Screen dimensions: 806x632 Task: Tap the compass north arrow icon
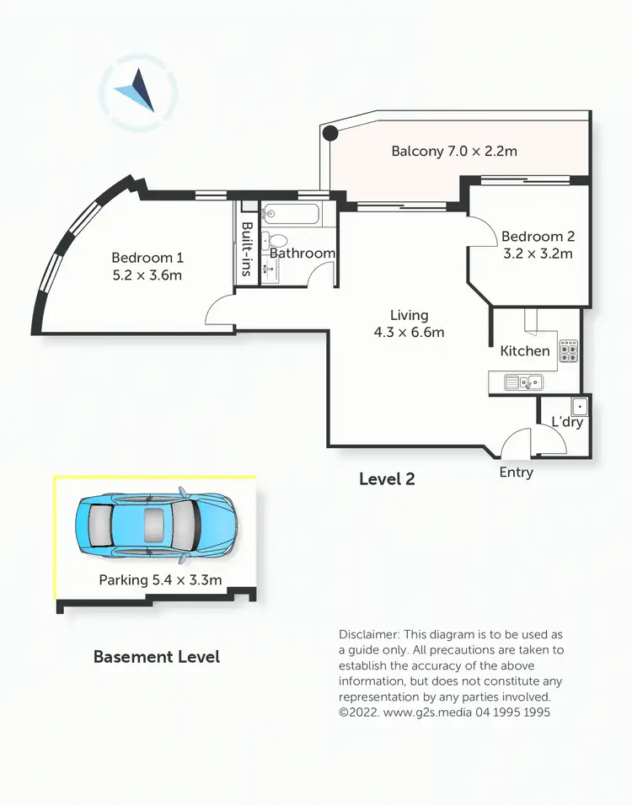point(138,90)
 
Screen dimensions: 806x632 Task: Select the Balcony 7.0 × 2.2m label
point(453,152)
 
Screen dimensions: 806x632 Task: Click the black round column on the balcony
point(331,132)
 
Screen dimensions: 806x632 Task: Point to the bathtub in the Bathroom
point(290,214)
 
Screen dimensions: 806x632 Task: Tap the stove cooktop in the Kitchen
point(569,350)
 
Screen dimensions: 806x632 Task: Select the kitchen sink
point(523,382)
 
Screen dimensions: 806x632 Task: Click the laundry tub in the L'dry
point(579,406)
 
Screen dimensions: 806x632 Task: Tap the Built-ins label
point(247,249)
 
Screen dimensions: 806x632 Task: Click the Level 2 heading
point(387,479)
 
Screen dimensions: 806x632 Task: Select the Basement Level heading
point(156,656)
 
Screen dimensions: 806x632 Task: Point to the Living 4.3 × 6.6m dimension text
point(409,332)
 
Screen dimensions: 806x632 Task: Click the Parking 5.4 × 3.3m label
point(160,579)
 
